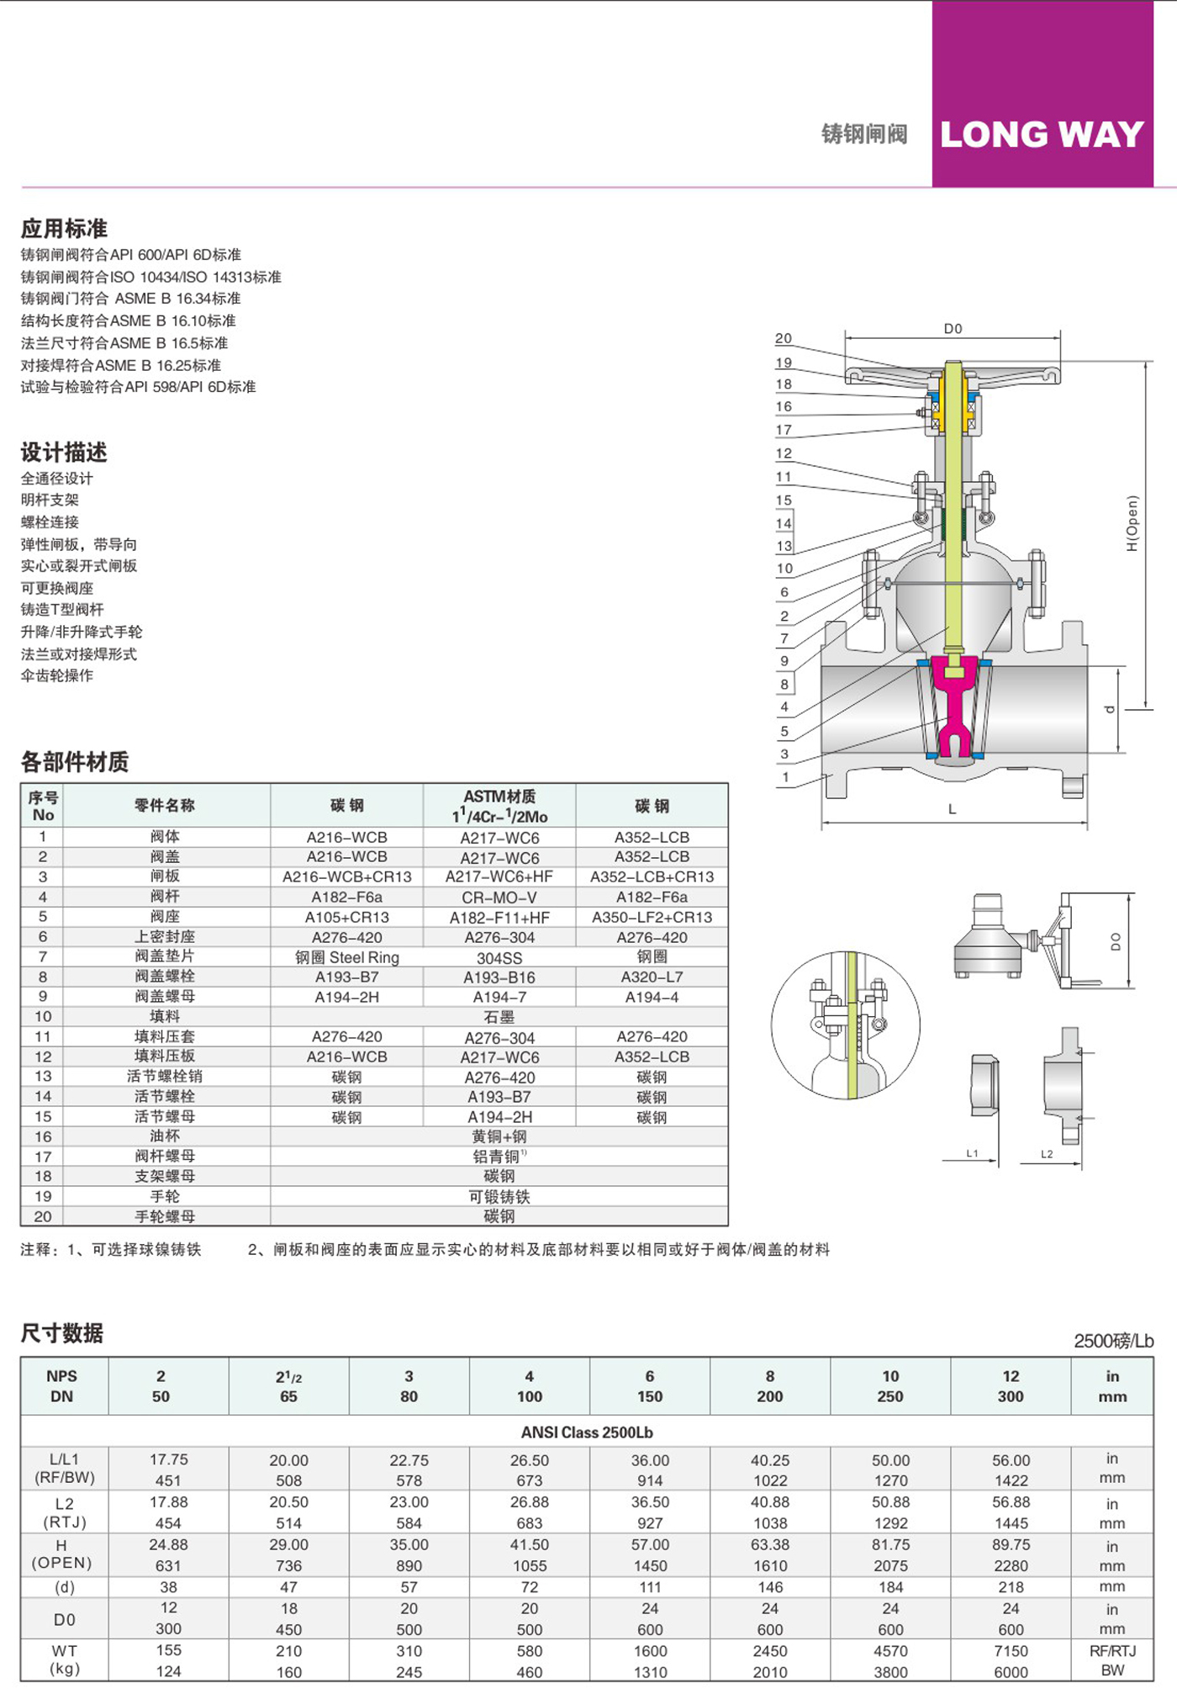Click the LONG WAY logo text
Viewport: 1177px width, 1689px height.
click(x=1042, y=135)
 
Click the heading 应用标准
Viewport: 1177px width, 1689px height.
click(x=64, y=228)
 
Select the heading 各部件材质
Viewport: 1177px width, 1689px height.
click(x=75, y=762)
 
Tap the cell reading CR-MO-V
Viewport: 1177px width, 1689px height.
click(x=499, y=897)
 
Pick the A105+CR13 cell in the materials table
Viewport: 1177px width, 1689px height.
click(x=347, y=917)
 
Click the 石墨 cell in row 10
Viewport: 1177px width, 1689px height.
click(x=499, y=1017)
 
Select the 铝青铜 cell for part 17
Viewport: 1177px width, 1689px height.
click(x=499, y=1157)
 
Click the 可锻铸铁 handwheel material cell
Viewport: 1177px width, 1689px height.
click(x=499, y=1196)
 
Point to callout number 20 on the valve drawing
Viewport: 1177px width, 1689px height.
click(x=784, y=338)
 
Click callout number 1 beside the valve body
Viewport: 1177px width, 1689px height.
click(x=786, y=777)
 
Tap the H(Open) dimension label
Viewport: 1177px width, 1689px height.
click(x=1132, y=523)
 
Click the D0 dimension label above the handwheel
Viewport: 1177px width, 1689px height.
click(x=953, y=329)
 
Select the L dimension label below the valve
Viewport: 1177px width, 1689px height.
click(x=953, y=809)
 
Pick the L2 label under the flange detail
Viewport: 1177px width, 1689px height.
click(x=1047, y=1154)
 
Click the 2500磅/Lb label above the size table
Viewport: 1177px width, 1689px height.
click(x=1113, y=1341)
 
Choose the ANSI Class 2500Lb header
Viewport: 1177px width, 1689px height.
click(x=587, y=1432)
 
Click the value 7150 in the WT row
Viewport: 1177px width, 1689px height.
click(x=1011, y=1651)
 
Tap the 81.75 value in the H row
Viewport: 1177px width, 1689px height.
click(x=890, y=1545)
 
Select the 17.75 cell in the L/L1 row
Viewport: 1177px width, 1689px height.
click(x=168, y=1459)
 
